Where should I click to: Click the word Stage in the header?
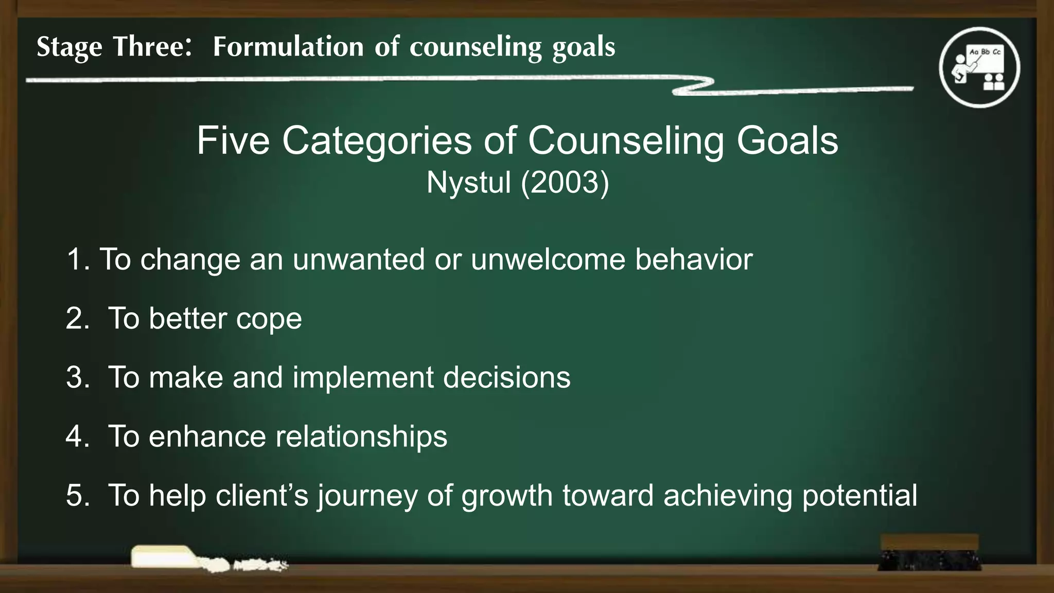(69, 47)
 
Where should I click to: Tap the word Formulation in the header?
(288, 47)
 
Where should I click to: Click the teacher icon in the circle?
(979, 67)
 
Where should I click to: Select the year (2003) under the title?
(565, 183)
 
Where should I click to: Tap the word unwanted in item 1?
(358, 259)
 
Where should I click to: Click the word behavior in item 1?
(693, 259)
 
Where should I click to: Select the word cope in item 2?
(269, 319)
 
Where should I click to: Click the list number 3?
(77, 377)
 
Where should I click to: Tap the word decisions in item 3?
(506, 377)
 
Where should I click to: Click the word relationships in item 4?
(361, 437)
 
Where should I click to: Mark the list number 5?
(77, 495)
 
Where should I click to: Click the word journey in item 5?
(367, 496)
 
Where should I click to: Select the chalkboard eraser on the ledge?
(929, 552)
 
